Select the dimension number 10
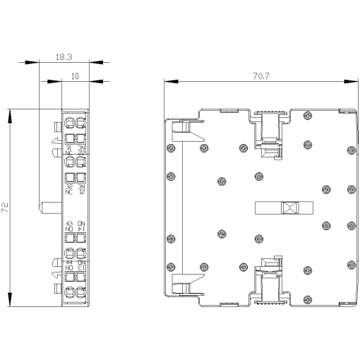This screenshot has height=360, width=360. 75,73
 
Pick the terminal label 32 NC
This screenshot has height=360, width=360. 69,188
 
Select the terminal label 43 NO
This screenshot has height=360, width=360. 69,227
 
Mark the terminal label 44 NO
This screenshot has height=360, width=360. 69,265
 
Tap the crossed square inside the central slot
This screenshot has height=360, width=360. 289,208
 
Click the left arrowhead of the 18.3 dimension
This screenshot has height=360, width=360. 33,62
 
